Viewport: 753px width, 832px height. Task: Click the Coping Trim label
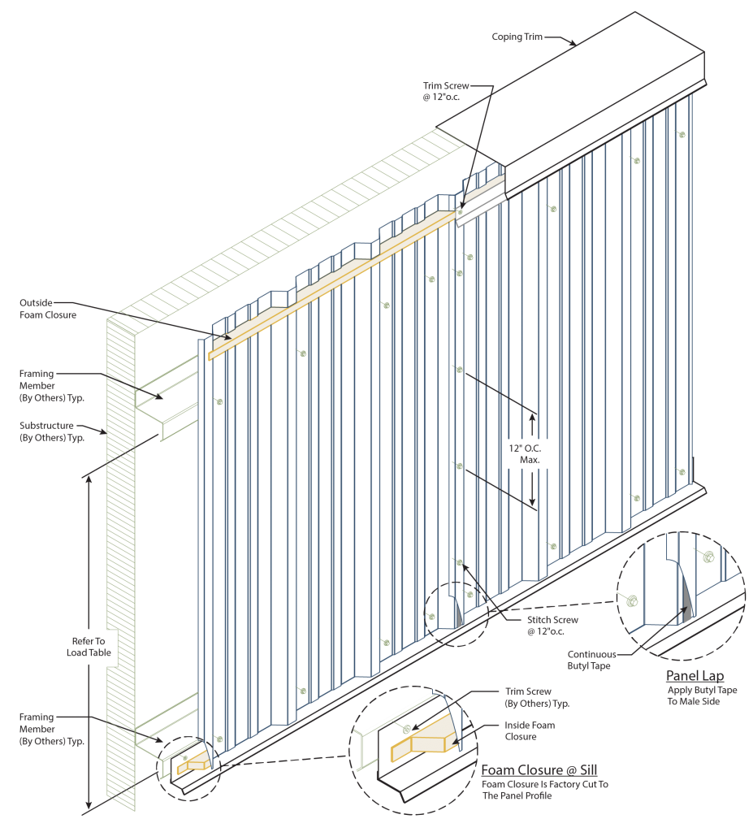517,37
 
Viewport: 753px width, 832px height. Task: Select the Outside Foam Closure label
48,309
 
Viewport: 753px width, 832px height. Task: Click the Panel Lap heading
695,676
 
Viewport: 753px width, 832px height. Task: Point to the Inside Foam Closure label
530,730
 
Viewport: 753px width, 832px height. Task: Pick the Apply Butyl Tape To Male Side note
694,695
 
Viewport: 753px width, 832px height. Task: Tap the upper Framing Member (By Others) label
51,386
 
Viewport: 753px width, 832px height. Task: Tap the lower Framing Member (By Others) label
51,729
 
